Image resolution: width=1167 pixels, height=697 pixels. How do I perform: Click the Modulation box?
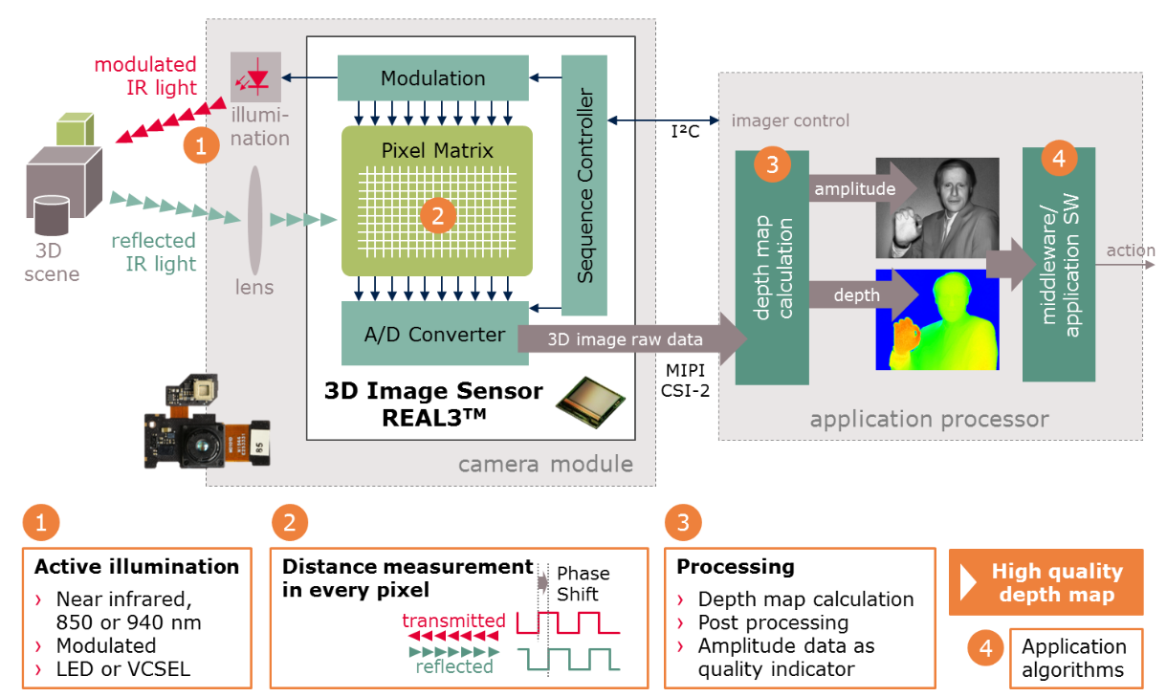pos(432,78)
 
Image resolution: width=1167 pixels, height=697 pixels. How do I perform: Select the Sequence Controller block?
pos(584,185)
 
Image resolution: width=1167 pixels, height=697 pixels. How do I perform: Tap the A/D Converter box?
pos(434,334)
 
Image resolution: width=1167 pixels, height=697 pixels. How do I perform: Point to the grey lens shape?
pos(254,219)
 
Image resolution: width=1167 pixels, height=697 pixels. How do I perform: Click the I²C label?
pos(685,131)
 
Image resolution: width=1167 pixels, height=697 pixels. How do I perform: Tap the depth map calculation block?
pos(771,267)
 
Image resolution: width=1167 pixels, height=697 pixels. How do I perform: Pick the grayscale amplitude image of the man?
pos(937,207)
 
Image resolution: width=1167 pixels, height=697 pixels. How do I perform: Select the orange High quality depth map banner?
pos(1046,582)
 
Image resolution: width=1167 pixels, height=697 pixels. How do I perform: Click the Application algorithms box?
pos(1074,658)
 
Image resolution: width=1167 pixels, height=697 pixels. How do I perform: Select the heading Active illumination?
pos(137,567)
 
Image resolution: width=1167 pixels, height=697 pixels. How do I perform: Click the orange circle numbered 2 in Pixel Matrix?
pos(437,217)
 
